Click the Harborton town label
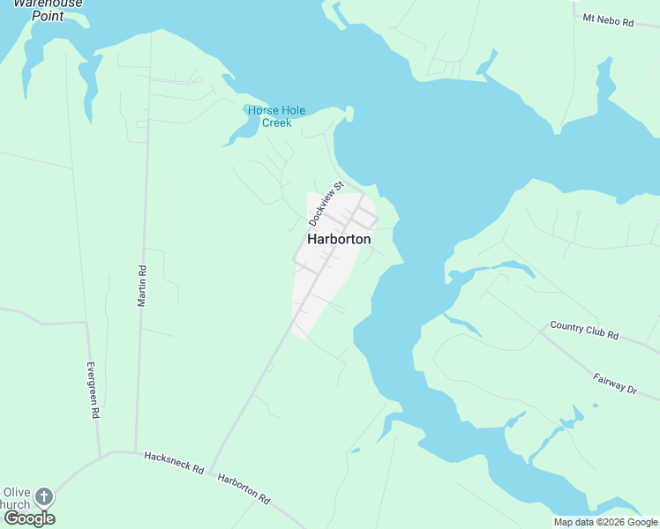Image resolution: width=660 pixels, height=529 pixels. tap(339, 239)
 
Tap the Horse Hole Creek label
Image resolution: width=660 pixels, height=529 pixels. tap(276, 116)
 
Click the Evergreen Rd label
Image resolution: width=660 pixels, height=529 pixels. tap(92, 390)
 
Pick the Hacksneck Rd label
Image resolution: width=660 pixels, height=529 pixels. tap(174, 463)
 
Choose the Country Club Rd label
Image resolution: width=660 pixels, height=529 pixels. tap(584, 331)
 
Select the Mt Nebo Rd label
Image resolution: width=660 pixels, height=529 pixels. tap(608, 19)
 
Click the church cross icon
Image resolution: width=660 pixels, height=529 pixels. tap(43, 497)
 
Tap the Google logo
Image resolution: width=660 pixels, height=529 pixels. tap(29, 518)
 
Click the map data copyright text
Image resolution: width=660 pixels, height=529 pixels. tap(605, 522)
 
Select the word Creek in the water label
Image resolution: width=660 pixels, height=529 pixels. tap(277, 123)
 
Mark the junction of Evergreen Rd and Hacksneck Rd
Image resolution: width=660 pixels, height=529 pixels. tap(100, 455)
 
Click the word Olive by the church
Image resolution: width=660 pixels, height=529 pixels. tap(17, 492)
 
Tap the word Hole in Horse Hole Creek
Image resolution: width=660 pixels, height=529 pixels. tap(291, 110)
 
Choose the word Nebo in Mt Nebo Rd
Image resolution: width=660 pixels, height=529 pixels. tap(606, 19)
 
